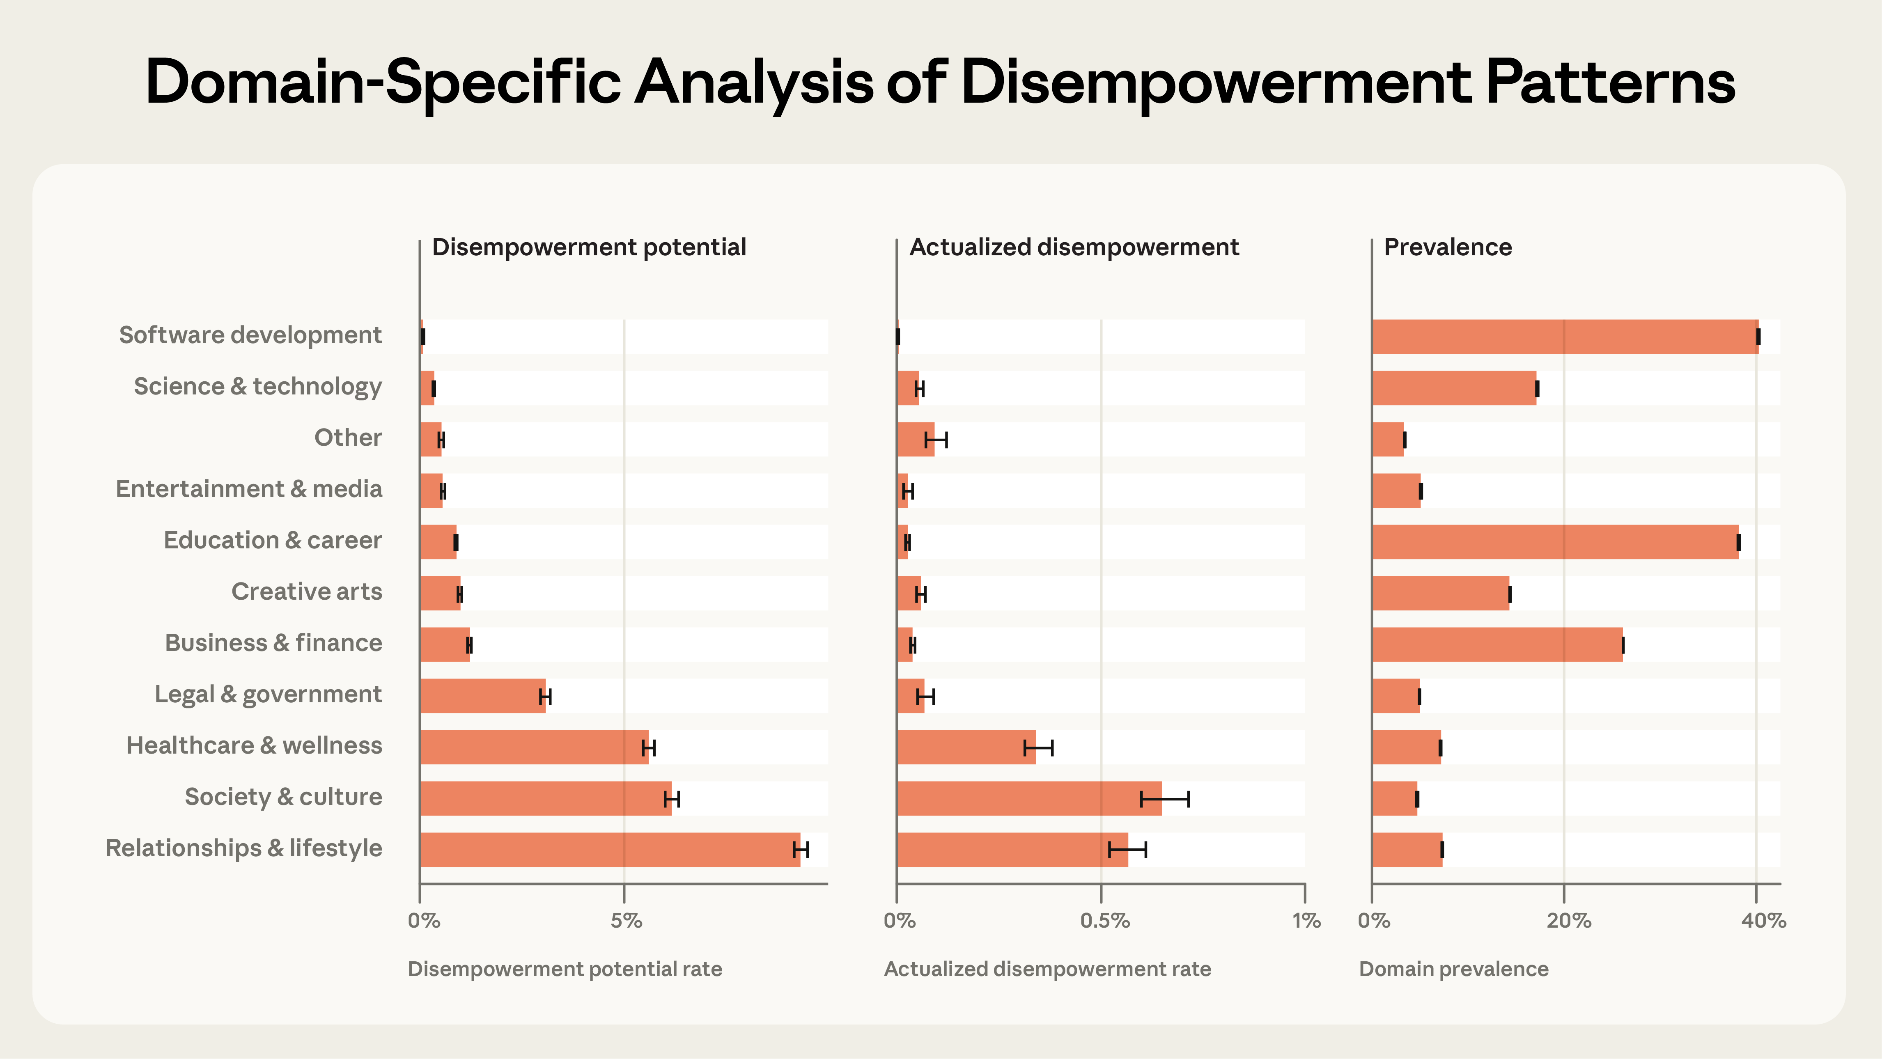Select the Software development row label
point(250,335)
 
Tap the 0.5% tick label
point(1105,920)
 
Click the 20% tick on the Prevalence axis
point(1568,920)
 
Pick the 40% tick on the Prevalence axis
point(1763,920)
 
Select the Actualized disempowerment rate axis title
point(1047,969)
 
